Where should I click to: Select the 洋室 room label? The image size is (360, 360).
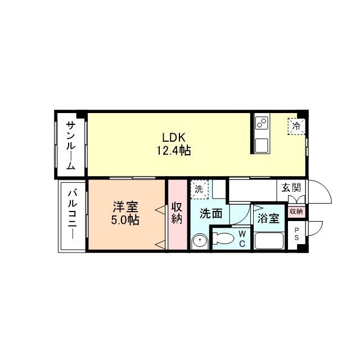click(x=125, y=206)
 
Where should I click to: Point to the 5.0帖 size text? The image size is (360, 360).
click(x=125, y=219)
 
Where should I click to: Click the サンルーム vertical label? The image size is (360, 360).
click(x=71, y=145)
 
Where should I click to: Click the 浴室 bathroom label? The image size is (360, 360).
click(x=268, y=218)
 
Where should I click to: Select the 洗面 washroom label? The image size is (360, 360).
click(x=211, y=213)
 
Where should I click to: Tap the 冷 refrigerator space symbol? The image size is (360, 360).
click(x=296, y=126)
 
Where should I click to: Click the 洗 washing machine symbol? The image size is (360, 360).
click(x=199, y=189)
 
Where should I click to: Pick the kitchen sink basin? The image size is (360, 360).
click(x=262, y=145)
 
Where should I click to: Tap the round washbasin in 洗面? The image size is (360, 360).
click(x=199, y=241)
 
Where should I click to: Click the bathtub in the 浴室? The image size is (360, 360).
click(x=269, y=241)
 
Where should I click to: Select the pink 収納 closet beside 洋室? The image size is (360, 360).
click(x=177, y=214)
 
